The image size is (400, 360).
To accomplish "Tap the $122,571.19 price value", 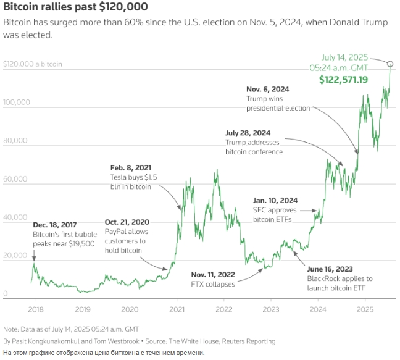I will click(343, 80).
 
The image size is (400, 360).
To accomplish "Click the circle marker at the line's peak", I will click(390, 64).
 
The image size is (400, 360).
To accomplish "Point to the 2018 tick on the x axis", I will click(35, 308).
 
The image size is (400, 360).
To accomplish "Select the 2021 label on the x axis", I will click(177, 308).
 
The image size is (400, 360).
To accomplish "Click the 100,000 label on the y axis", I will click(16, 103).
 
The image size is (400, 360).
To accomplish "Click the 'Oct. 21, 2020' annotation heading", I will click(127, 222).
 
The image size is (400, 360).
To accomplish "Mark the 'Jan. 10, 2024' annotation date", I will click(275, 200).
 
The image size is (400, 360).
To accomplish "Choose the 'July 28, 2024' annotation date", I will click(248, 133).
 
